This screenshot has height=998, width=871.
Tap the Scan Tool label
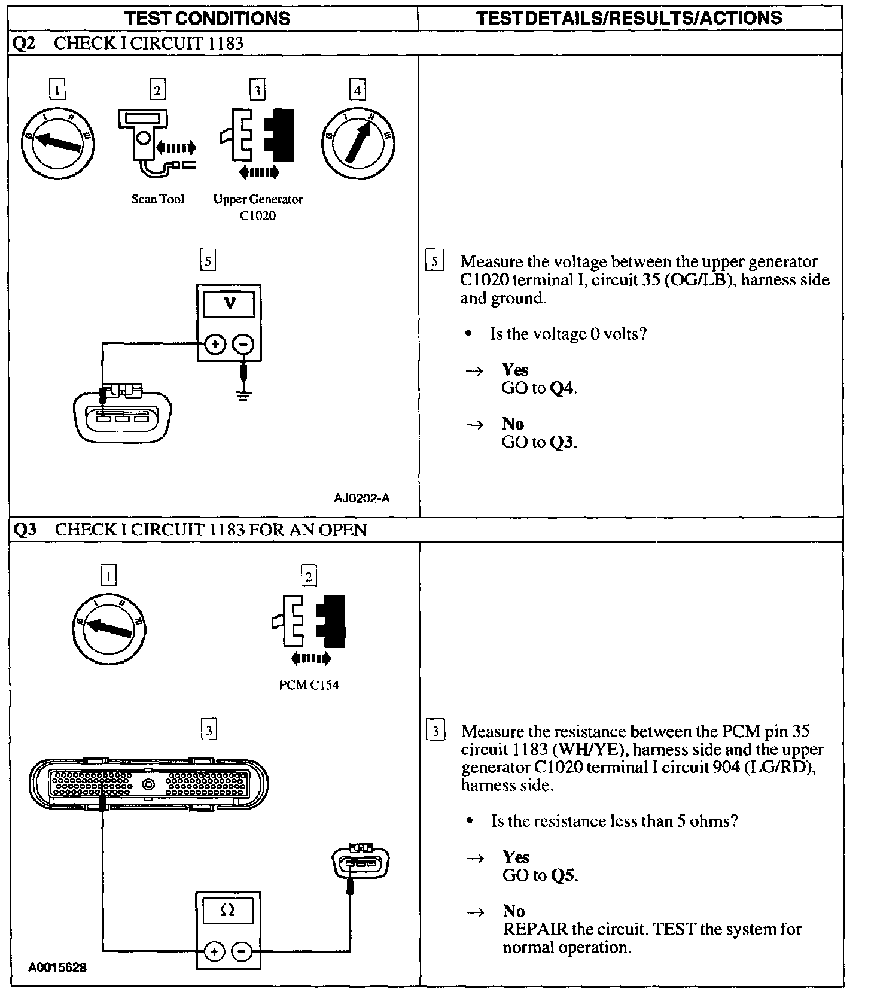158,199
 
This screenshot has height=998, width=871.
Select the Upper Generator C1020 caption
258,207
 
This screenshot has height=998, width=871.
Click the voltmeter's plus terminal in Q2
215,344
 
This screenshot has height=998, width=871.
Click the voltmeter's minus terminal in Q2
243,344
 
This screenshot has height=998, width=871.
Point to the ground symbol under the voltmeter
243,395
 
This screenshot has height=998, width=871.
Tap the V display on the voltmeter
230,304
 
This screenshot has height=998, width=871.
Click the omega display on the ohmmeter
228,911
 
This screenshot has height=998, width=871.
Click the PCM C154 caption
309,685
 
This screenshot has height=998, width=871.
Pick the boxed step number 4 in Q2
358,90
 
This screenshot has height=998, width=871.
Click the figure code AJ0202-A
362,498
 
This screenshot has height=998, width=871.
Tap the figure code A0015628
57,967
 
